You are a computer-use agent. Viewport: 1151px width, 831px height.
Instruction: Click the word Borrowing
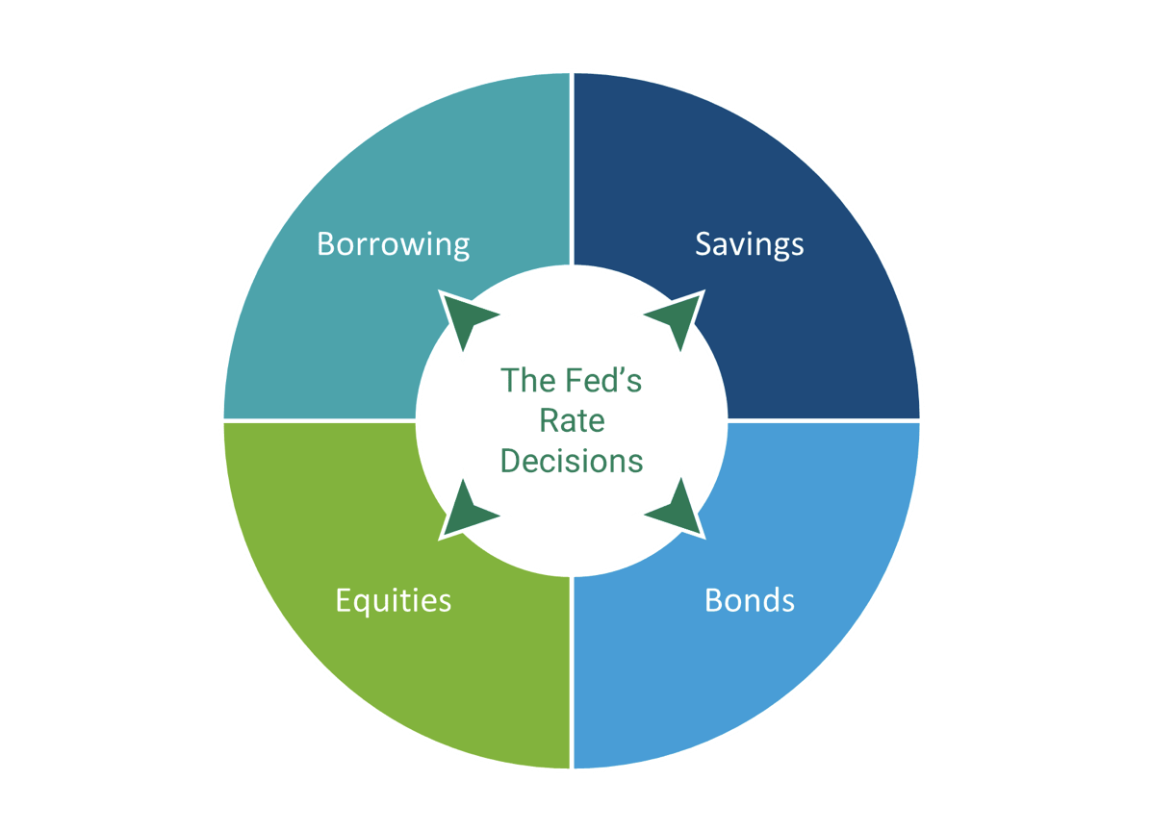coord(393,244)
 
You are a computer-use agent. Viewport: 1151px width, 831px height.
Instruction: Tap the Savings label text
coord(749,244)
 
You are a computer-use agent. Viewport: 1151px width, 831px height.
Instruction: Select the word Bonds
coord(749,600)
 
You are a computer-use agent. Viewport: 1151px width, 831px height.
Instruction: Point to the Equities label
coord(393,600)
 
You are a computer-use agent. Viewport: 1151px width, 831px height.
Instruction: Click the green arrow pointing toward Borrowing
coord(466,316)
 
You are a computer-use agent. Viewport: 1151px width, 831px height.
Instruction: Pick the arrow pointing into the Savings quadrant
coord(678,316)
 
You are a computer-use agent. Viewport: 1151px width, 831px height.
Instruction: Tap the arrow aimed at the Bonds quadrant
coord(678,511)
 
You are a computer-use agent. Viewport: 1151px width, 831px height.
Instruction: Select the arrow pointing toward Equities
coord(466,511)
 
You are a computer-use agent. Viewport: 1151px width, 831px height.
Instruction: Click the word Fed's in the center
coord(599,380)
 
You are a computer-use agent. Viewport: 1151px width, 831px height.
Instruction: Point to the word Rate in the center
coord(572,420)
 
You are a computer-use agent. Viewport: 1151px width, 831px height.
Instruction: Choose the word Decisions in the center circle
coord(572,461)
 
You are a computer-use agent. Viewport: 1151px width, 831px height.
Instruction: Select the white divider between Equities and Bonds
coord(573,673)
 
